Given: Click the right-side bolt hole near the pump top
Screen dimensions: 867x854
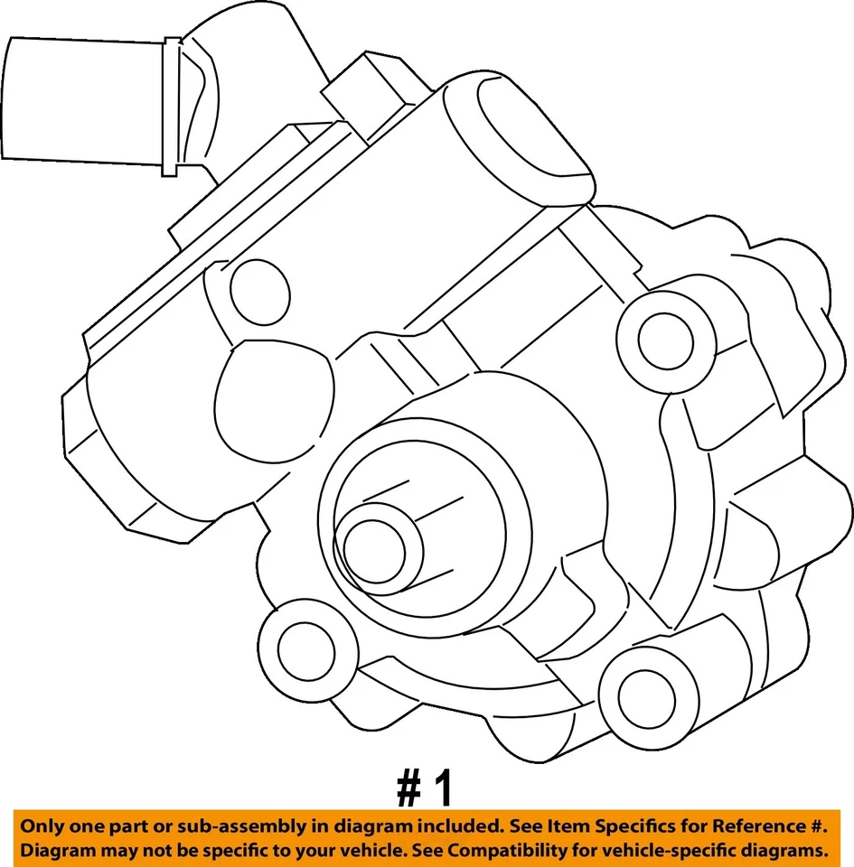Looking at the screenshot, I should [x=665, y=340].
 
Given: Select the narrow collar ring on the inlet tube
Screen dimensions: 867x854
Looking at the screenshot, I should [x=169, y=107].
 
